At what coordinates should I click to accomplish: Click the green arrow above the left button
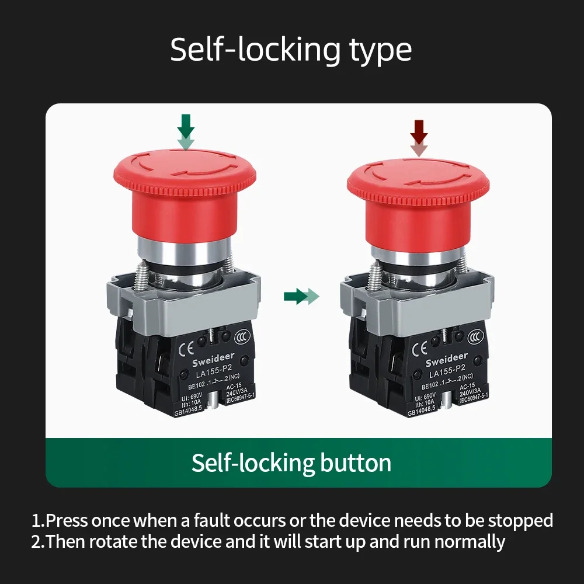pyautogui.click(x=186, y=133)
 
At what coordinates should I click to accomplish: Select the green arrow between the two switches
pyautogui.click(x=301, y=297)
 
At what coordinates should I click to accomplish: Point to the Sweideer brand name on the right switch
pyautogui.click(x=447, y=357)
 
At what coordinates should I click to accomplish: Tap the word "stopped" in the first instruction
pyautogui.click(x=520, y=520)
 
